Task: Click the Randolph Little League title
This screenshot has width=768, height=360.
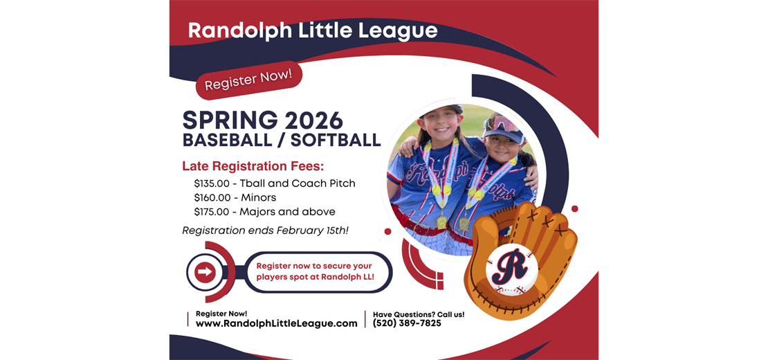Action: (313, 31)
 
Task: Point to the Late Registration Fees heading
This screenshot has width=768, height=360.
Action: (253, 166)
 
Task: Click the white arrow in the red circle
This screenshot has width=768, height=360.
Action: (205, 272)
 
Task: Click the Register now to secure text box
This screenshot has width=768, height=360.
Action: (315, 271)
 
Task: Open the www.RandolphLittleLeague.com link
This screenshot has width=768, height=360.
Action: (276, 323)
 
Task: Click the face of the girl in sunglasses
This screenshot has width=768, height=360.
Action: (503, 143)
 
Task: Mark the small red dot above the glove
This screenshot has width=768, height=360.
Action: (574, 208)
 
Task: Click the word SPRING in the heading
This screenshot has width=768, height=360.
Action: (221, 120)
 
